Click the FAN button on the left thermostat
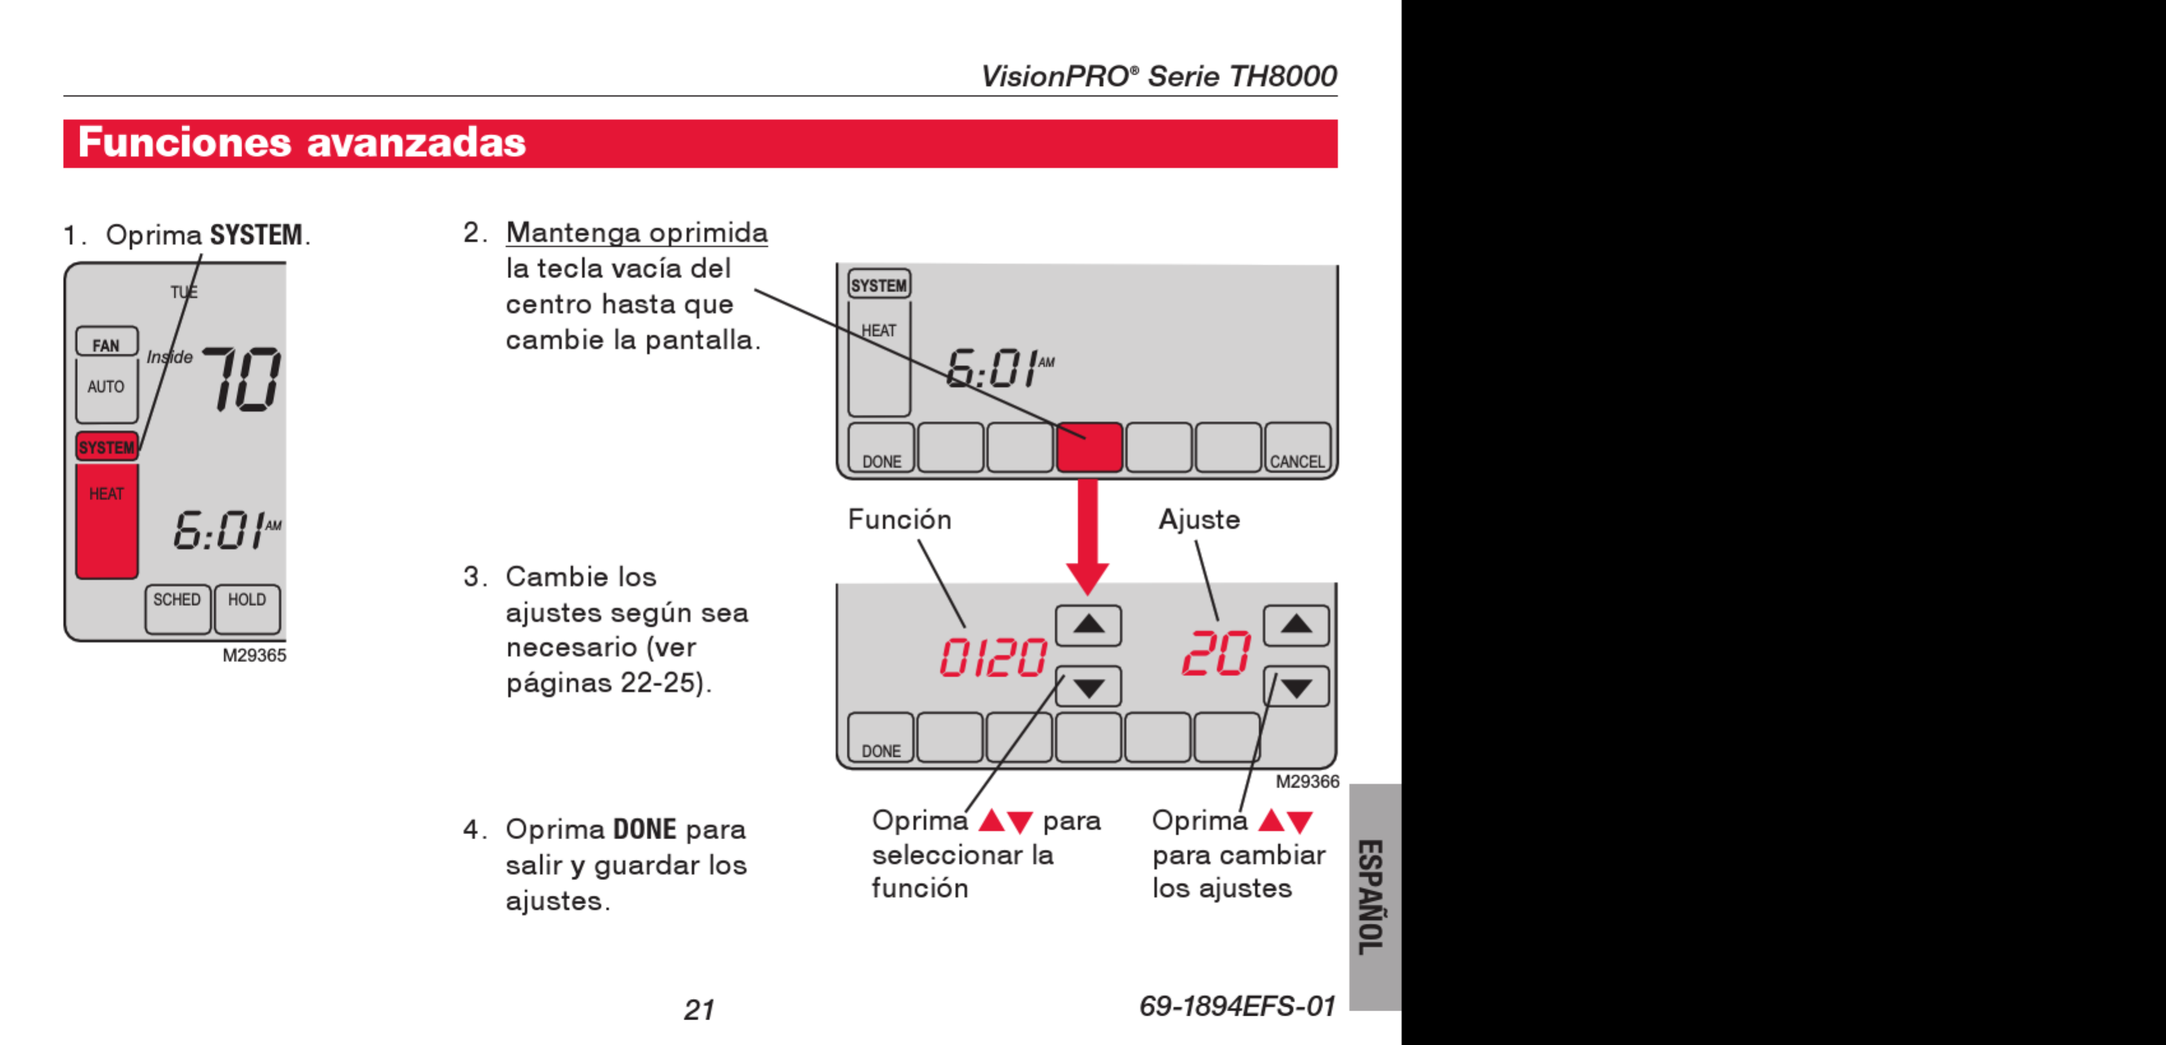tap(106, 342)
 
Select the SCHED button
tap(177, 608)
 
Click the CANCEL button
tap(1296, 448)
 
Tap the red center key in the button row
tap(1089, 447)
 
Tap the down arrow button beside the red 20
tap(1296, 688)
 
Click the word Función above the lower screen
tap(899, 519)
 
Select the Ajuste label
tap(1199, 519)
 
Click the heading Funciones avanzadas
tap(302, 143)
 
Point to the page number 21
tap(699, 1009)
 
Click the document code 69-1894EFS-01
tap(1237, 1005)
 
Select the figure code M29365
tap(254, 656)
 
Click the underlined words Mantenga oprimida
tap(636, 233)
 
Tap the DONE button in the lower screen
tap(880, 738)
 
